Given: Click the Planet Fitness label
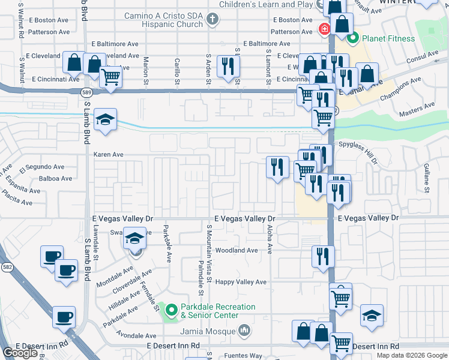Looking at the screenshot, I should coord(388,38).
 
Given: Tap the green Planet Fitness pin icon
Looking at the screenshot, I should coord(352,38).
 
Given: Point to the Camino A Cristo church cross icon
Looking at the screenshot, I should coord(211,19).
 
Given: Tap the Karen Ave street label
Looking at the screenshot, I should coord(108,154).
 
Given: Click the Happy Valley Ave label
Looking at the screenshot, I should coord(241,282).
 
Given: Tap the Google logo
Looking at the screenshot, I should coord(20,353).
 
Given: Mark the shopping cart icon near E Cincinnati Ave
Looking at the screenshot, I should coord(110,76).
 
